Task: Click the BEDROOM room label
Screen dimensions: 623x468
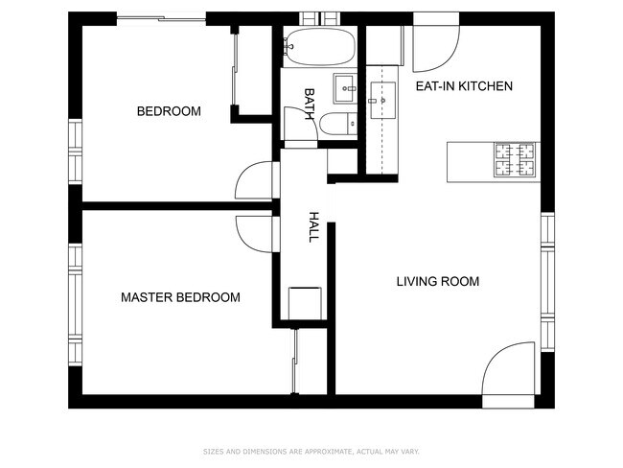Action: (x=169, y=111)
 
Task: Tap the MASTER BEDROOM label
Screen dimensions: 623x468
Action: (x=180, y=297)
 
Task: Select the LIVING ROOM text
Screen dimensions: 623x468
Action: (x=438, y=282)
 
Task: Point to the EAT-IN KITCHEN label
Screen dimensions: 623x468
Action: (x=464, y=86)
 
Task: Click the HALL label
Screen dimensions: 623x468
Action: (x=313, y=227)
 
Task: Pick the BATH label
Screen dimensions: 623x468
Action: (x=310, y=104)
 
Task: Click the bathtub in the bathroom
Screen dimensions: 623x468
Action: (x=319, y=47)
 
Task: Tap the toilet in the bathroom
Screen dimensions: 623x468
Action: (x=338, y=124)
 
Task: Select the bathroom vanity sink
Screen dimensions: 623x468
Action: (x=345, y=88)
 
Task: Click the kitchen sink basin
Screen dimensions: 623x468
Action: (x=383, y=100)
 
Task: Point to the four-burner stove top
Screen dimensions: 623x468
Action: (x=515, y=159)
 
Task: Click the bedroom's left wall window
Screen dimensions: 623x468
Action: (x=75, y=152)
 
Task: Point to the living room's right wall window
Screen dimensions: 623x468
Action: (x=548, y=282)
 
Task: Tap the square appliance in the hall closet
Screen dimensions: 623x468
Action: (x=305, y=303)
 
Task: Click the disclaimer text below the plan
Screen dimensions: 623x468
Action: (x=311, y=452)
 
